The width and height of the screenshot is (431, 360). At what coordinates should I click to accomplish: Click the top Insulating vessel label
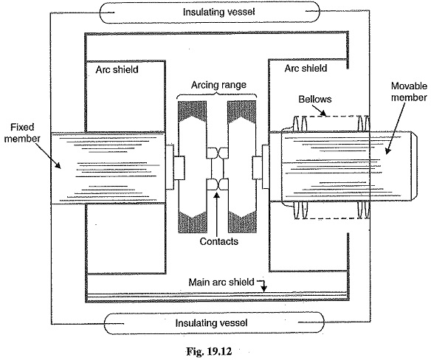coord(218,12)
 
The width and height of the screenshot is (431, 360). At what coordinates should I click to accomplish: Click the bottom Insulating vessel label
coord(211,322)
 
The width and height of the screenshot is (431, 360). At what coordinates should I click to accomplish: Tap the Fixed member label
coord(22,133)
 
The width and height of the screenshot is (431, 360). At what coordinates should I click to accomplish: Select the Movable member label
coord(409,91)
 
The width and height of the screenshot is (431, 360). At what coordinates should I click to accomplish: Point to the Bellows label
coord(315,99)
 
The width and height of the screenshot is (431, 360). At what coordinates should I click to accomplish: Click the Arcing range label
coord(218,85)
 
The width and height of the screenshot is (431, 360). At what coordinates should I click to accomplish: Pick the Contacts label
coord(218,241)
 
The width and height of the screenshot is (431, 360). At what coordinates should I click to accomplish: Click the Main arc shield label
coord(221,282)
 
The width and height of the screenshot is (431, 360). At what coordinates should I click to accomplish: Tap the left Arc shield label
coord(117,69)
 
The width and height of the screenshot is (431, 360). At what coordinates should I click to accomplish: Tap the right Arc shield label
coord(306,68)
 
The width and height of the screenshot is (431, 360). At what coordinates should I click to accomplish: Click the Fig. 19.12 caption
coord(209,351)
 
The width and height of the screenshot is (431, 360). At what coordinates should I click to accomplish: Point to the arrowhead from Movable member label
coord(387,151)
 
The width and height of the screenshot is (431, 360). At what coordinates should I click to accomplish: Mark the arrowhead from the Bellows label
coord(324,113)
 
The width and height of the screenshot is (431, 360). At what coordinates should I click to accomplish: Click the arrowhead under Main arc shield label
coord(264,289)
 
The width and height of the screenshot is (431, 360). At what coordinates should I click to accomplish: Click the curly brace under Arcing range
coord(217,95)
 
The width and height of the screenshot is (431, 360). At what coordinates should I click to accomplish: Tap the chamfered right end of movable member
coord(414,167)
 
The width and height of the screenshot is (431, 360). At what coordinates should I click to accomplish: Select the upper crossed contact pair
coord(217,153)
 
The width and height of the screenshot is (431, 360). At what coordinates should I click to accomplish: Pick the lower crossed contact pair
coord(217,184)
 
